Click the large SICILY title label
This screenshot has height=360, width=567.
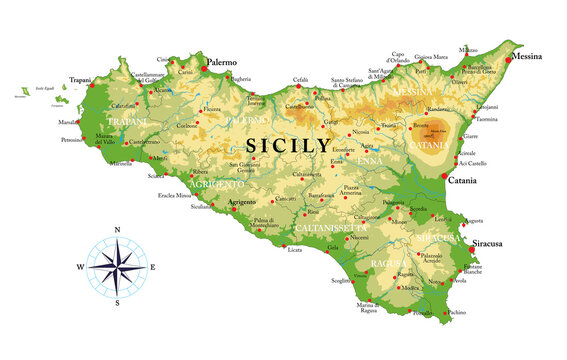tap(288, 144)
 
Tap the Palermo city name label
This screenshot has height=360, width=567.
tap(221, 62)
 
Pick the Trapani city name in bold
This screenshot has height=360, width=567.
tap(80, 79)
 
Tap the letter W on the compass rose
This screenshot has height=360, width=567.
tap(80, 267)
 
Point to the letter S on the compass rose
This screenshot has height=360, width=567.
tap(117, 302)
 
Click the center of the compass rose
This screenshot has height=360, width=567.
tap(117, 267)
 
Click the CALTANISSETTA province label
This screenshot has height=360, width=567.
tap(329, 229)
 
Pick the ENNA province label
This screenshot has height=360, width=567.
tap(369, 160)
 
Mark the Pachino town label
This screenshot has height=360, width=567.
tap(456, 313)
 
